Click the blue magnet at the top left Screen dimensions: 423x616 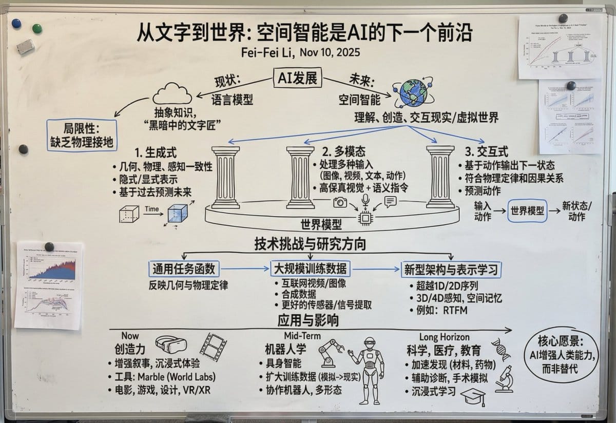point(16,24)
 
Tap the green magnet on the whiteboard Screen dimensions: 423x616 point(37,28)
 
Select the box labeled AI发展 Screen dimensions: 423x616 point(297,79)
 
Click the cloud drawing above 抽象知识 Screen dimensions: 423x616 point(172,94)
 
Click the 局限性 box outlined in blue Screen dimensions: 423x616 point(81,133)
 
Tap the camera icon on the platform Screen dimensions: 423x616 point(340,202)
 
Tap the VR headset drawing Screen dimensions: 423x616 point(170,346)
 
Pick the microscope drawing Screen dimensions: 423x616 point(504,377)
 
